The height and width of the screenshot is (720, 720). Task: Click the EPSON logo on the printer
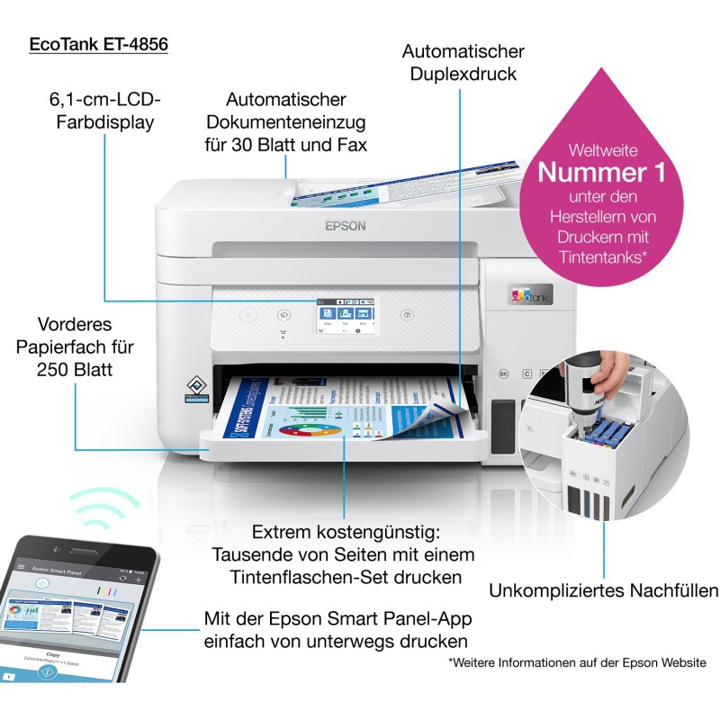pyautogui.click(x=346, y=226)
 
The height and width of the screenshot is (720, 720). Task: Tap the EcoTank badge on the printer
pyautogui.click(x=530, y=294)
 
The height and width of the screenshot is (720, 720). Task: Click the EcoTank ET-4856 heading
pyautogui.click(x=99, y=44)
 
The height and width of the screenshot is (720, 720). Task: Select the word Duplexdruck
pyautogui.click(x=463, y=74)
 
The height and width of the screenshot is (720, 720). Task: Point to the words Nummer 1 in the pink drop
pyautogui.click(x=602, y=170)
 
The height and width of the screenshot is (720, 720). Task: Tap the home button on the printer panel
pyautogui.click(x=284, y=316)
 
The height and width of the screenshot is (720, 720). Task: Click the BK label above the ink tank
pyautogui.click(x=504, y=372)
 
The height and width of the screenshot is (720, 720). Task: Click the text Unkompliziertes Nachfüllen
pyautogui.click(x=603, y=590)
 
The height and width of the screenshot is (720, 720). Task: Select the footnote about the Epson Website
pyautogui.click(x=577, y=662)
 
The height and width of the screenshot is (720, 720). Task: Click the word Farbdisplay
pyautogui.click(x=100, y=122)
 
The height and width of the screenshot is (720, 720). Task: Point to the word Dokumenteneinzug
pyautogui.click(x=286, y=121)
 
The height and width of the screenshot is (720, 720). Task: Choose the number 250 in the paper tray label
pyautogui.click(x=57, y=370)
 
